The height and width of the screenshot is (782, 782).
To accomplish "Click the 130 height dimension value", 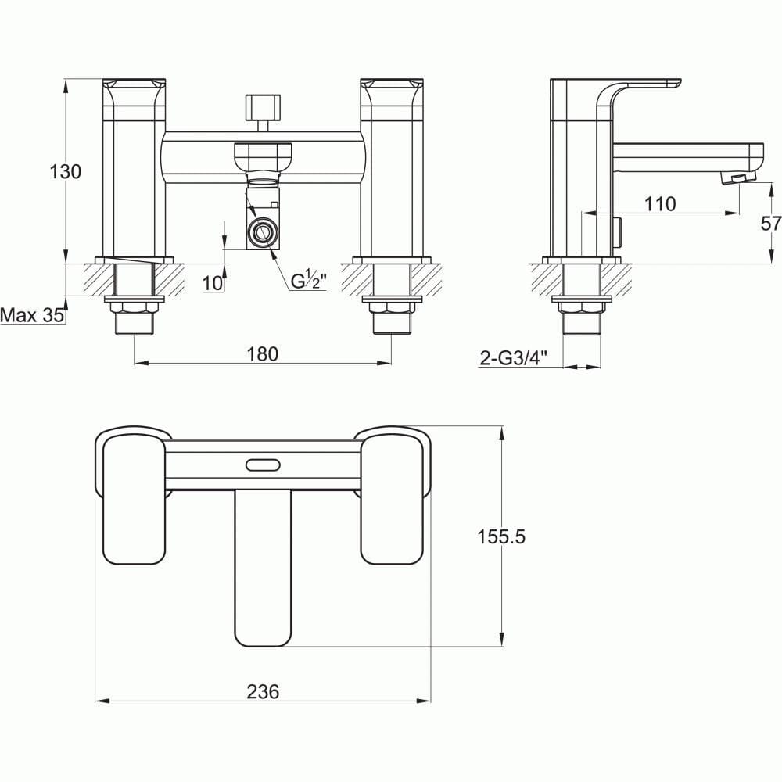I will tap(66, 172).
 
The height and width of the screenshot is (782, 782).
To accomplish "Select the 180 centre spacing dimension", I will tap(263, 353).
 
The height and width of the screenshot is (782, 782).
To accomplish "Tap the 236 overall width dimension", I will tap(263, 691).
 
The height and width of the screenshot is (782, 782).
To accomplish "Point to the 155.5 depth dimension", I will tap(501, 536).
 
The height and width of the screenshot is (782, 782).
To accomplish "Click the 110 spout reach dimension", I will tap(660, 204).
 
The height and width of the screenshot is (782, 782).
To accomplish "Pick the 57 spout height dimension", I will tap(770, 224).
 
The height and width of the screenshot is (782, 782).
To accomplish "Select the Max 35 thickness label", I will tap(31, 316).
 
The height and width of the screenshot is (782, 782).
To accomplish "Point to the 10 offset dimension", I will tap(212, 283).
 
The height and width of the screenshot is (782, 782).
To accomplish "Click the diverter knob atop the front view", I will tap(263, 106).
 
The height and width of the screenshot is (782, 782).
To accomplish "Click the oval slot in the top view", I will tap(263, 465).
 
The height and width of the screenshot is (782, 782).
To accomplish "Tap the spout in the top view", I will tap(263, 567).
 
